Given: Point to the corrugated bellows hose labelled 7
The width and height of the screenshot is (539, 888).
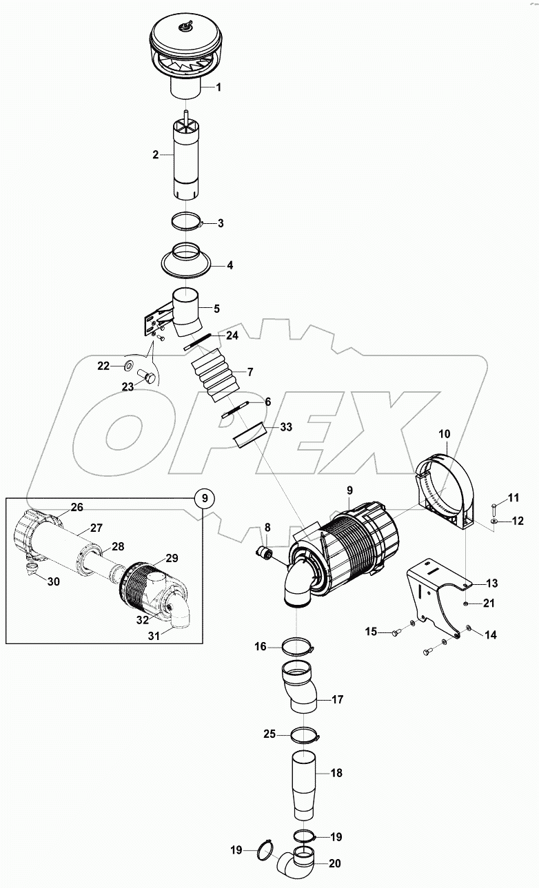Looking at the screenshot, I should (x=213, y=376).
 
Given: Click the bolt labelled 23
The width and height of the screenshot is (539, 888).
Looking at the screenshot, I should (x=145, y=376).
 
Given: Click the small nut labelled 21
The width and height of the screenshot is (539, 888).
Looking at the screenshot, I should (x=467, y=603).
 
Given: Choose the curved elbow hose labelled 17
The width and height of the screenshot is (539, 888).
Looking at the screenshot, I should (x=298, y=689).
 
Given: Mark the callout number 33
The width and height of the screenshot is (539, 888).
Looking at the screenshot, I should (x=286, y=427).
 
